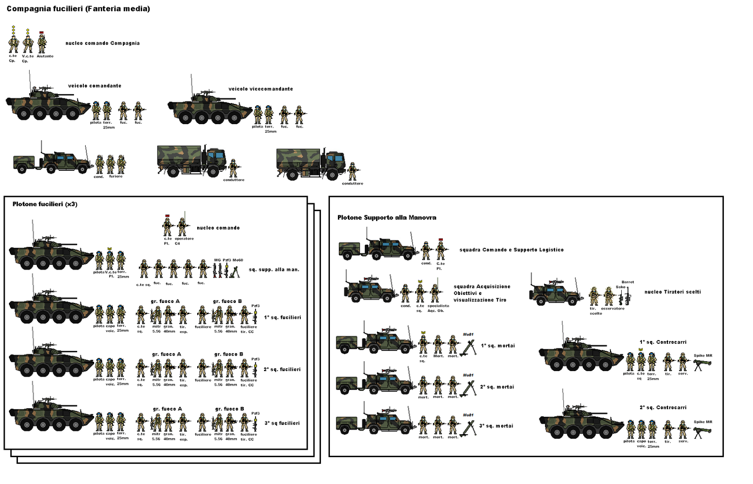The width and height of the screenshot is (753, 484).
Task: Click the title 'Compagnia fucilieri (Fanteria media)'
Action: pyautogui.click(x=78, y=9)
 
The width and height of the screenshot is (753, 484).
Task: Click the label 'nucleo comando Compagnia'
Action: pyautogui.click(x=103, y=43)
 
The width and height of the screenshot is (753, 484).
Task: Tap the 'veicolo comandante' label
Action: pyautogui.click(x=95, y=86)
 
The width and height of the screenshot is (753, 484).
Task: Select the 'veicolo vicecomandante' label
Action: pyautogui.click(x=261, y=89)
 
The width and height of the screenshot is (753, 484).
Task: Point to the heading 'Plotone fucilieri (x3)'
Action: pyautogui.click(x=45, y=204)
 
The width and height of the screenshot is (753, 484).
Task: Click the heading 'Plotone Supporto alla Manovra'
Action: pyautogui.click(x=386, y=218)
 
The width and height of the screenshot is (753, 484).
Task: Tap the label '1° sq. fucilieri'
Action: pyautogui.click(x=282, y=317)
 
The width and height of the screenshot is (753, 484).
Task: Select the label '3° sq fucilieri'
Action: pyautogui.click(x=282, y=423)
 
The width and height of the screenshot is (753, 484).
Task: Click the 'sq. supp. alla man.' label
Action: pyautogui.click(x=274, y=270)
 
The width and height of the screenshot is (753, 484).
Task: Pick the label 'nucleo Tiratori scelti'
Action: pyautogui.click(x=673, y=292)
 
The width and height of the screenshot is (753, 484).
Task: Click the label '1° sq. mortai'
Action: pyautogui.click(x=497, y=346)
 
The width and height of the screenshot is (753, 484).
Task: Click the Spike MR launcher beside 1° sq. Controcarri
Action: pyautogui.click(x=702, y=364)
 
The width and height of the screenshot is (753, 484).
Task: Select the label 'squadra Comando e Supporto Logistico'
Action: pyautogui.click(x=511, y=250)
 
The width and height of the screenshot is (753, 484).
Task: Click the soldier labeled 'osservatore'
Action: pyautogui.click(x=609, y=296)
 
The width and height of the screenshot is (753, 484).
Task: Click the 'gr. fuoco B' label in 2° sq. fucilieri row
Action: pyautogui.click(x=229, y=354)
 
